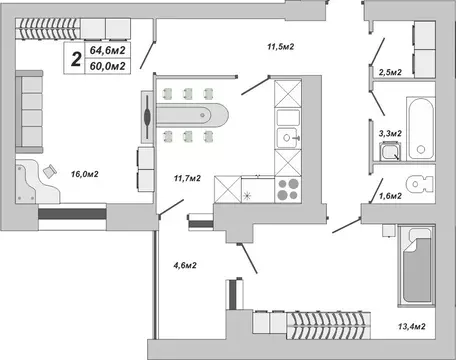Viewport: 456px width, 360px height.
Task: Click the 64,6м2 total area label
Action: click(106, 49)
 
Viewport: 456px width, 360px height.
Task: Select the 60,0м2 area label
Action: click(106, 66)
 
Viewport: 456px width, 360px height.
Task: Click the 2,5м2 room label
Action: click(390, 73)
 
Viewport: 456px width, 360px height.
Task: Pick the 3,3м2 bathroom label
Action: click(389, 131)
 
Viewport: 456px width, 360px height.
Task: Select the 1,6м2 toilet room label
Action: click(388, 196)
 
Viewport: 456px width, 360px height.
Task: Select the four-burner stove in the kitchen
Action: click(286, 189)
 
